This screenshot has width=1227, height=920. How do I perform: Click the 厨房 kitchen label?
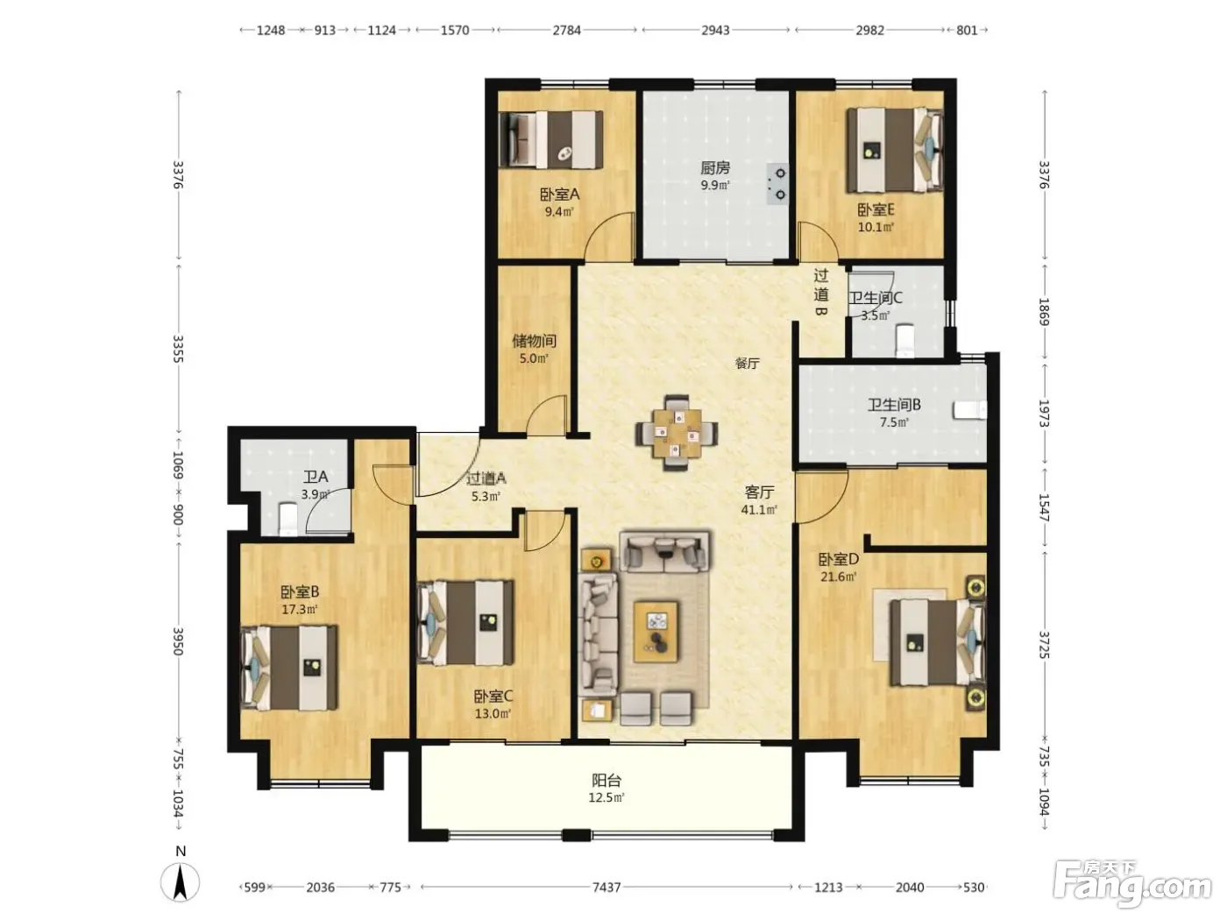(x=715, y=167)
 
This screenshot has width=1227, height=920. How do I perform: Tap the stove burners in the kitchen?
(x=777, y=184)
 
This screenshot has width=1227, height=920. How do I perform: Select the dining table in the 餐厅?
(x=677, y=433)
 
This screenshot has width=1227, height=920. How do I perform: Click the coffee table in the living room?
(x=656, y=632)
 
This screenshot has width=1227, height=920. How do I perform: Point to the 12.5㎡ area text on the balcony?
(x=606, y=797)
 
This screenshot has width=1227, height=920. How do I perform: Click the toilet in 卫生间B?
(x=970, y=410)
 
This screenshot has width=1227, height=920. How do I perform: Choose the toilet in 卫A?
(x=287, y=519)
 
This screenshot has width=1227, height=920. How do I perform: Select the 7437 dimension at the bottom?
(x=606, y=887)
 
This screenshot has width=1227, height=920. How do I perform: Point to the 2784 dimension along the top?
(x=567, y=30)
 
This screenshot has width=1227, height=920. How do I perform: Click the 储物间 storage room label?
(x=534, y=340)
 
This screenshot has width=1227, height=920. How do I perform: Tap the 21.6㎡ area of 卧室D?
(x=839, y=577)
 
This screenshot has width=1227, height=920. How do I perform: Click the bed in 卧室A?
(x=551, y=139)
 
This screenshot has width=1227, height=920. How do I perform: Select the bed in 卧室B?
(x=289, y=668)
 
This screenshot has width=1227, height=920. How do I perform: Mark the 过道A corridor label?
(x=486, y=478)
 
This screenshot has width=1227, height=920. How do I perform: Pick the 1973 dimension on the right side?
(x=1044, y=414)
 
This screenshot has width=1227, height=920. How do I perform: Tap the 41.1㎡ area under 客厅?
(x=759, y=509)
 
